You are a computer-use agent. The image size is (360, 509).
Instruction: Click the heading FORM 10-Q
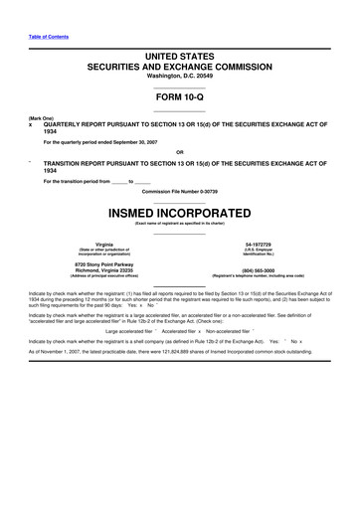tap(179, 101)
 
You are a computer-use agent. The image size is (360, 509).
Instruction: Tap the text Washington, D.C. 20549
tap(179, 77)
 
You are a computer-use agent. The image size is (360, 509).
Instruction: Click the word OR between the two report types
tap(179, 151)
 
